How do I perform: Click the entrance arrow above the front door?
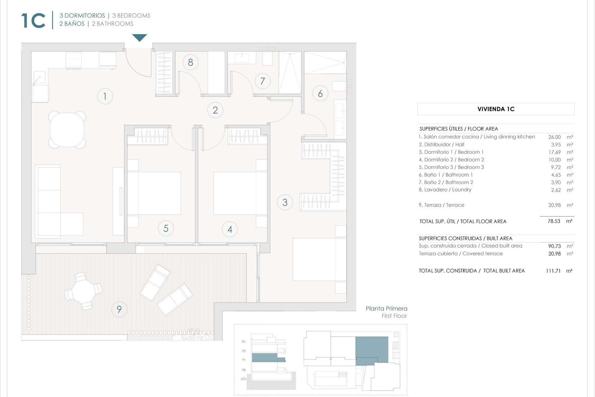pyautogui.click(x=139, y=38)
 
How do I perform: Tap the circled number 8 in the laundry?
pyautogui.click(x=190, y=62)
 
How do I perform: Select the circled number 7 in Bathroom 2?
pyautogui.click(x=262, y=81)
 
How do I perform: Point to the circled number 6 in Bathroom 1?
pyautogui.click(x=320, y=93)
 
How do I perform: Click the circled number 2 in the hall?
pyautogui.click(x=215, y=110)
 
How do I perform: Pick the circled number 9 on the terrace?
pyautogui.click(x=119, y=309)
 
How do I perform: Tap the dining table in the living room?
pyautogui.click(x=67, y=130)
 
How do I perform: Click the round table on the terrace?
pyautogui.click(x=83, y=291)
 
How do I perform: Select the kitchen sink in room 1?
pyautogui.click(x=39, y=78)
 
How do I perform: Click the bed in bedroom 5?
pyautogui.click(x=154, y=193)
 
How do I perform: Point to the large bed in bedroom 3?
pyautogui.click(x=319, y=259)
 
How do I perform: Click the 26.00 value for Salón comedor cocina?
pyautogui.click(x=554, y=137)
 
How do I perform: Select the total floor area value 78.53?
pyautogui.click(x=554, y=221)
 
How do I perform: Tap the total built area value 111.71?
pyautogui.click(x=553, y=271)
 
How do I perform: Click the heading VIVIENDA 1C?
pyautogui.click(x=496, y=109)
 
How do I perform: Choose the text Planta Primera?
pyautogui.click(x=386, y=308)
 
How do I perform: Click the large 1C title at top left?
pyautogui.click(x=33, y=21)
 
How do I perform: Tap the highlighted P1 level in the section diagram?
pyautogui.click(x=268, y=358)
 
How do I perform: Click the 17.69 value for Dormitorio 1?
pyautogui.click(x=554, y=152)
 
